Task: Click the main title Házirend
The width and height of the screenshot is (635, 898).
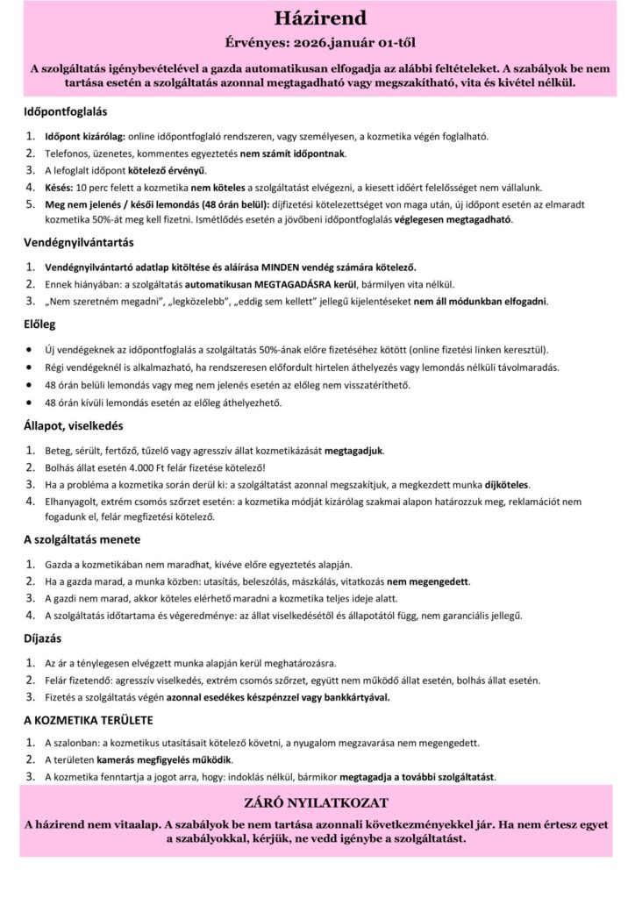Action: coord(318,19)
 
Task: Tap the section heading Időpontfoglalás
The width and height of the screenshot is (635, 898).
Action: coord(66,111)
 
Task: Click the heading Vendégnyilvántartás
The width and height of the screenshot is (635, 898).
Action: coord(79,241)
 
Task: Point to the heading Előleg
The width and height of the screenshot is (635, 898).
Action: coord(39,324)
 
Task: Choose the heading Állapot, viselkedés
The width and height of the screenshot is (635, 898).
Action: coord(73,427)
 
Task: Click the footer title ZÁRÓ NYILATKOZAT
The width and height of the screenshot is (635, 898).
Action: coord(318,802)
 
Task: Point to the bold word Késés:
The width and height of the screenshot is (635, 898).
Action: coord(59,187)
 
